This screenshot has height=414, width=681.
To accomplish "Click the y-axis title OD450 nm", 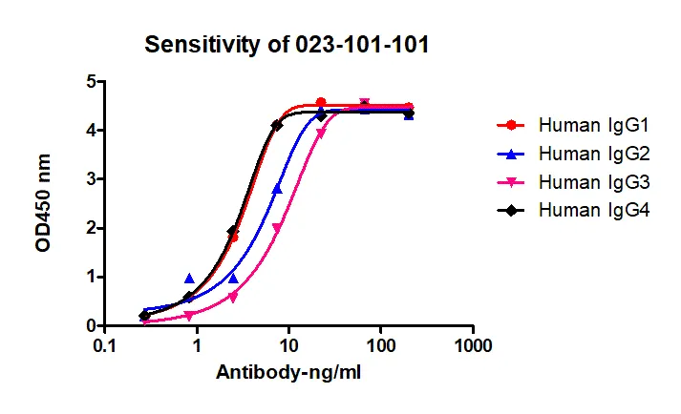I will point(43,204).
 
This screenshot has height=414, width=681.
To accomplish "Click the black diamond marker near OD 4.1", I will point(277,125).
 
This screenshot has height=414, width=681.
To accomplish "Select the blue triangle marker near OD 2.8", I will point(277,189).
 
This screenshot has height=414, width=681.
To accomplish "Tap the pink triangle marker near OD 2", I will point(277,228).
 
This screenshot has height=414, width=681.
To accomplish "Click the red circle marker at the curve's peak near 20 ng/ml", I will point(321,102).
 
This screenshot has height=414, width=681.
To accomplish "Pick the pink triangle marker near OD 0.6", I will point(233,297).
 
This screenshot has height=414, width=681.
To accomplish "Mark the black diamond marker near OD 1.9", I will point(232,232).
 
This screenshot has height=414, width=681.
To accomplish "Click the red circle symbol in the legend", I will point(513,124).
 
